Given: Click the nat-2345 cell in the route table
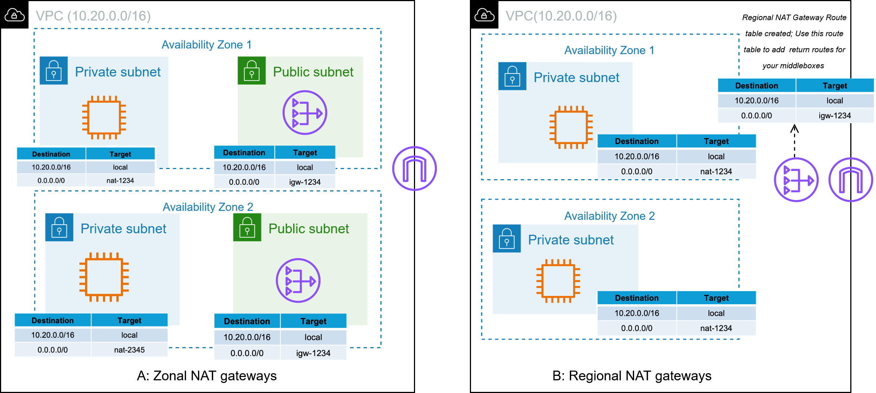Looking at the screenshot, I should click(x=129, y=350).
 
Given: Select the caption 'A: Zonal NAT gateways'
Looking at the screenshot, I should click(x=207, y=375).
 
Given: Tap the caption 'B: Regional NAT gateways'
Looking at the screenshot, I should click(x=632, y=375).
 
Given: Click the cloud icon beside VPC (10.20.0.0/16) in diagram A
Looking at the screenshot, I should click(x=15, y=15).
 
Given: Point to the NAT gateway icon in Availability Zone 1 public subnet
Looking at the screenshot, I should click(x=305, y=112).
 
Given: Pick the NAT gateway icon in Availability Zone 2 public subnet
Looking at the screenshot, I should click(x=298, y=280).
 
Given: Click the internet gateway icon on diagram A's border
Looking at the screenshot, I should click(x=414, y=168).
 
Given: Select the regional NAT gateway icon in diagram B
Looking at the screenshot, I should click(x=796, y=180).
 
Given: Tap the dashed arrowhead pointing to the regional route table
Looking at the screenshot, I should click(x=794, y=129).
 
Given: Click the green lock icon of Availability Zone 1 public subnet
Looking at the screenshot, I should click(x=252, y=71).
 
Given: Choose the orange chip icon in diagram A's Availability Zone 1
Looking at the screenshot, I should click(x=104, y=117).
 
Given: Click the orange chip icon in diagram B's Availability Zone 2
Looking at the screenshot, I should click(x=558, y=281).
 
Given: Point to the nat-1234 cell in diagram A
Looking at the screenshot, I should click(x=120, y=180).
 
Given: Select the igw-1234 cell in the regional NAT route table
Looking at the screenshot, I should click(x=835, y=115).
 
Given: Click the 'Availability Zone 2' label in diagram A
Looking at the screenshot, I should click(x=208, y=207).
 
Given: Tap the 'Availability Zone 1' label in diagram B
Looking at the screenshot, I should click(x=609, y=50).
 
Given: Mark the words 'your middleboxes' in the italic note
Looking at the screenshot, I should click(x=793, y=66).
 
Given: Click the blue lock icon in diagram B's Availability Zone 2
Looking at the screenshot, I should click(x=506, y=238).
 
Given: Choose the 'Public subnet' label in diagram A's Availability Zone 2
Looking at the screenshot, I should click(x=308, y=228).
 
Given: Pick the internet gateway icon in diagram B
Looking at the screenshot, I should click(x=851, y=180).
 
